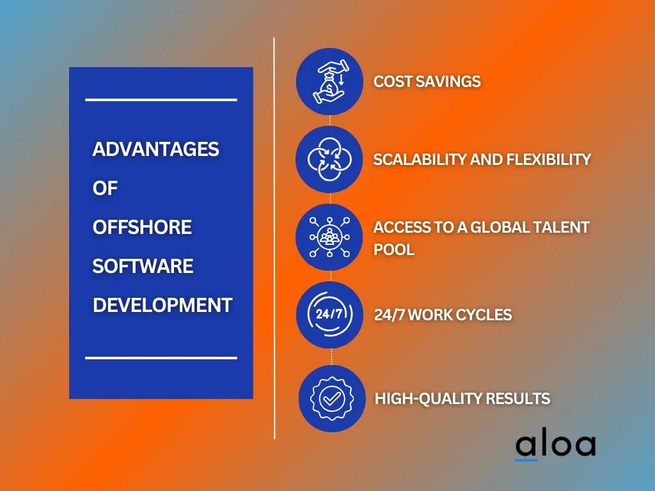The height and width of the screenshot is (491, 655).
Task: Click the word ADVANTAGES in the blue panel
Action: [x=156, y=149]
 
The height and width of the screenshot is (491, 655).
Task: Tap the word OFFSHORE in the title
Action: [x=142, y=227]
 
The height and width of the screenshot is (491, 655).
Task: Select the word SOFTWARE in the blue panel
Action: [x=143, y=266]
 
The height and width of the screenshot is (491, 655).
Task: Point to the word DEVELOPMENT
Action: [x=162, y=305]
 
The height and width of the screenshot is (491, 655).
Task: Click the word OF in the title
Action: [x=105, y=189]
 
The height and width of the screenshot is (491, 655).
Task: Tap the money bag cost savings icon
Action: [x=329, y=81]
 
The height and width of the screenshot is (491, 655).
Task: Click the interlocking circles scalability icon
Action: [x=329, y=159]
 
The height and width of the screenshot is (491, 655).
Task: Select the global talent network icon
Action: [x=329, y=237]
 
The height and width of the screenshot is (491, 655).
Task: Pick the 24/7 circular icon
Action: [x=329, y=315]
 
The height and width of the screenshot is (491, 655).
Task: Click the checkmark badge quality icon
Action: [x=332, y=399]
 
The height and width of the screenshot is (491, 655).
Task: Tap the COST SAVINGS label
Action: [x=427, y=81]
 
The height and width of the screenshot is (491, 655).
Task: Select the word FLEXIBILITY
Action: [x=548, y=159]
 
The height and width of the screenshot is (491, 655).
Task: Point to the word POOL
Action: [x=394, y=250]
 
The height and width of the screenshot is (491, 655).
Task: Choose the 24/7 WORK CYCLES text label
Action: [x=443, y=315]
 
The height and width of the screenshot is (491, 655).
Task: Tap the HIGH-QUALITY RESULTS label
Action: [x=462, y=399]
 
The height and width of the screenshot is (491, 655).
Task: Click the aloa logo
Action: [x=556, y=446]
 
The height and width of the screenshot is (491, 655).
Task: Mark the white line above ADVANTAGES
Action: [x=161, y=100]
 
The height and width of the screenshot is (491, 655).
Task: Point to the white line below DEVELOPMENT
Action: [x=161, y=358]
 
